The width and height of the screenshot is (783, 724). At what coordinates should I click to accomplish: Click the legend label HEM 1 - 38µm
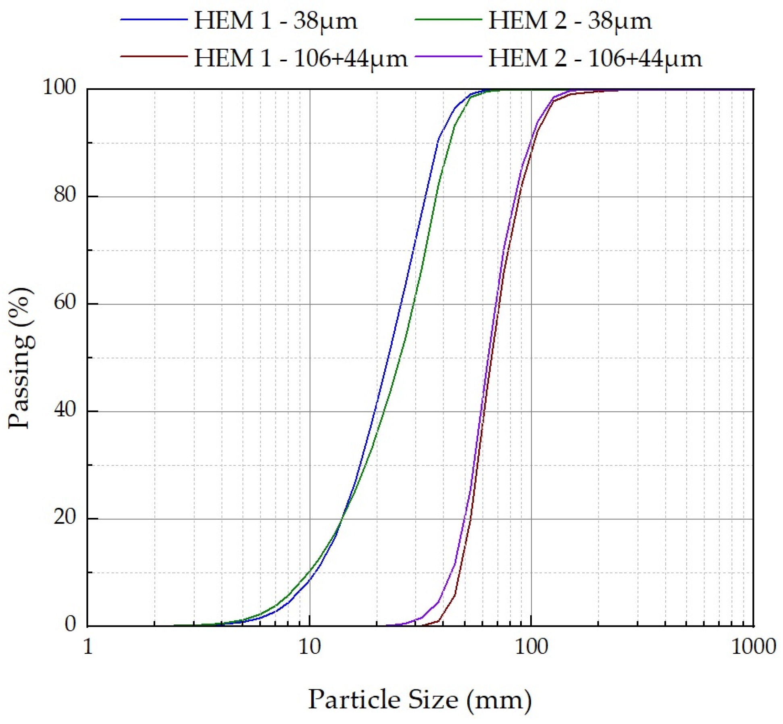(x=275, y=21)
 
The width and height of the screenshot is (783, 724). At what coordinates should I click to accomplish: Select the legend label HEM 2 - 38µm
(x=570, y=21)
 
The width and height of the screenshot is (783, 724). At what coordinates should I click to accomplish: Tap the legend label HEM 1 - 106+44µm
(x=301, y=58)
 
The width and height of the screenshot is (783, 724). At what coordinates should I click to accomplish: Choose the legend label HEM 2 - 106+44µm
(x=595, y=58)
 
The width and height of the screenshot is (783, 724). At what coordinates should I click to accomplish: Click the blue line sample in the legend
(x=154, y=19)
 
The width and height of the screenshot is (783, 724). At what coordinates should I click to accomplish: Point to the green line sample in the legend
(x=448, y=19)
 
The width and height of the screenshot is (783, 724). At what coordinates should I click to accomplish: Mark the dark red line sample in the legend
(x=154, y=56)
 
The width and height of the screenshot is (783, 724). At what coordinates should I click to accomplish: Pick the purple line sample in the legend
(x=448, y=56)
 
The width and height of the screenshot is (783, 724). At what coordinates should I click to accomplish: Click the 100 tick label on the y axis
(x=59, y=87)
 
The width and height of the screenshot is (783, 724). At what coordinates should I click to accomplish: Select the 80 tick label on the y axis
(x=65, y=195)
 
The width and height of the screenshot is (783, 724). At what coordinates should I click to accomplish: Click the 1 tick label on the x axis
(x=88, y=647)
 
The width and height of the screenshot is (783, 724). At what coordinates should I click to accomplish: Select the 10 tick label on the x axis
(x=309, y=647)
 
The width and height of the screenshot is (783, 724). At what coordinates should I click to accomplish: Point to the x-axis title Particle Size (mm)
(x=420, y=699)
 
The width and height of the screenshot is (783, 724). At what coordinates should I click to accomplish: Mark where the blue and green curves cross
(x=342, y=520)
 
